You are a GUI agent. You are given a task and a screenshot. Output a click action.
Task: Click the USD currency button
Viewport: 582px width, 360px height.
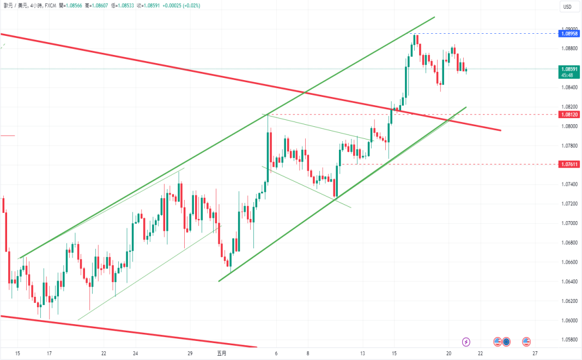(567, 7)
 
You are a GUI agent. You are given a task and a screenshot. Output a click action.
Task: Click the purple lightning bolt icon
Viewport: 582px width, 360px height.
(466, 341)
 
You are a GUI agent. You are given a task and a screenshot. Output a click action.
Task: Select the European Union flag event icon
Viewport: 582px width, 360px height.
(506, 341)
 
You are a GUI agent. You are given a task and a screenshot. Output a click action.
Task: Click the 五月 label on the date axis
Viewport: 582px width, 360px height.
(221, 353)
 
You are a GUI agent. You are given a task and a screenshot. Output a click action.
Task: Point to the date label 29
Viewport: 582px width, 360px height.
(190, 353)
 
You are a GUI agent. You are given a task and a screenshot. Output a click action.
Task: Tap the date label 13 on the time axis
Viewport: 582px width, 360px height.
(362, 353)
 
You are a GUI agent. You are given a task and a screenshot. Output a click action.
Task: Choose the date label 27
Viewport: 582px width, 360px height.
(535, 353)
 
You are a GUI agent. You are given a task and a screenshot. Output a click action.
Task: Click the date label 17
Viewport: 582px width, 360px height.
(50, 353)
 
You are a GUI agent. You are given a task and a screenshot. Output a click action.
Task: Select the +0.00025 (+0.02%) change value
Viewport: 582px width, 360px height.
(182, 5)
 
